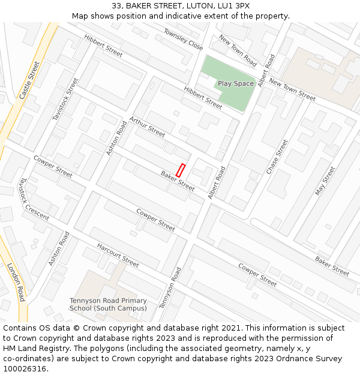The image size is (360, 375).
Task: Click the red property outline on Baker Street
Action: coord(181,170)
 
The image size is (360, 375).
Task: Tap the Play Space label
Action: coord(236,84)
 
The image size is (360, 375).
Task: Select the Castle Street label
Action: coord(29,80)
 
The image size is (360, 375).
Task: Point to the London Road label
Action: coord(16,281)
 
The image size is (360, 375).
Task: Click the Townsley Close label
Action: coord(183,39)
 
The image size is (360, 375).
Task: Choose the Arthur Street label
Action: coord(147,127)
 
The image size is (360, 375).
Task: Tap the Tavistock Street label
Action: coord(65,99)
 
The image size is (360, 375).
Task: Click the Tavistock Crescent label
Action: coord(34,199)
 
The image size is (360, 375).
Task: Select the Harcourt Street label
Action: coord(118,255)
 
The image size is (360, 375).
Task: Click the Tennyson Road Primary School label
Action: coord(108,305)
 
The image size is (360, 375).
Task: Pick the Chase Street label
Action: coord(277,157)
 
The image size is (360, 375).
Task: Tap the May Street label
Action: coord(325,181)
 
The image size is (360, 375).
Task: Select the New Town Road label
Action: coord(238,51)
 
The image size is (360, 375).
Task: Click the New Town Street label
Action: coord(292,89)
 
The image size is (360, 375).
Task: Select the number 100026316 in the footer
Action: coord(24,369)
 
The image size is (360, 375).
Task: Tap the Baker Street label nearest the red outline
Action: coord(178,181)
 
